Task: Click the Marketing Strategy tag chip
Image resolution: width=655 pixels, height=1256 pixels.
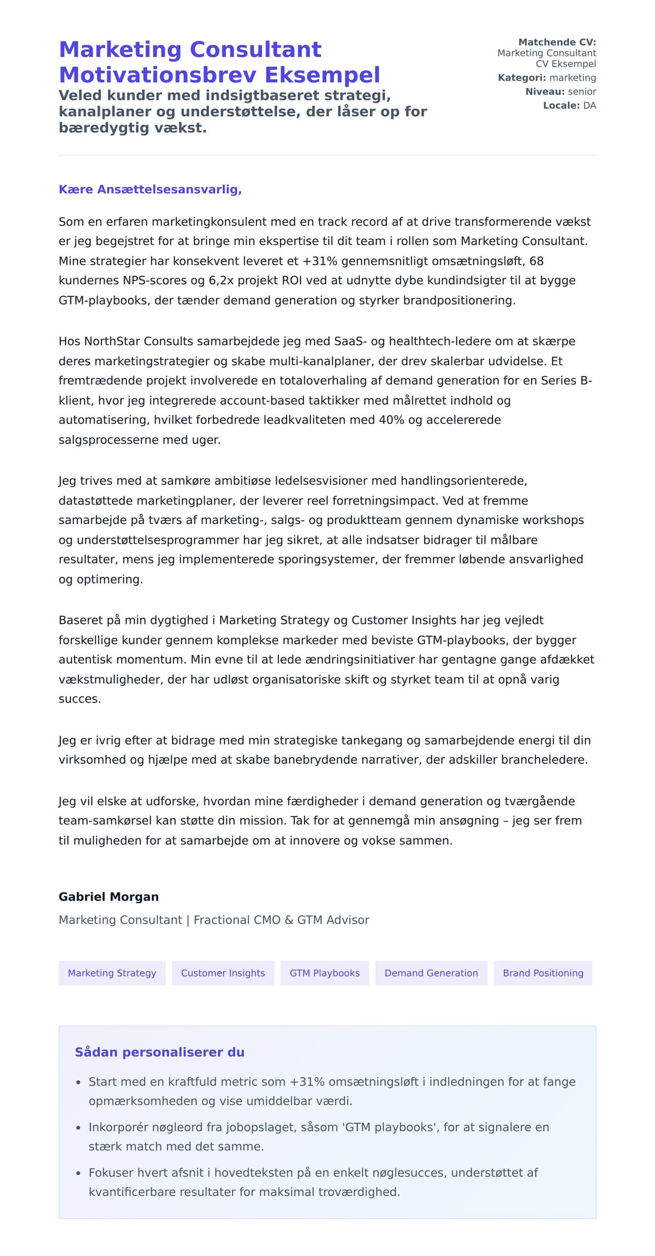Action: [x=112, y=973]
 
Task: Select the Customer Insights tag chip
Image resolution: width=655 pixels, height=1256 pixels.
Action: [x=223, y=973]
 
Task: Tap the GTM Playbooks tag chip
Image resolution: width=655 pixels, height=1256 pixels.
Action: [x=325, y=973]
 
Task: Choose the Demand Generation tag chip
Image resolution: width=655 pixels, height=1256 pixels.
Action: [x=431, y=973]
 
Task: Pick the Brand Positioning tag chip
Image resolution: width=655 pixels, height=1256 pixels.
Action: [x=543, y=973]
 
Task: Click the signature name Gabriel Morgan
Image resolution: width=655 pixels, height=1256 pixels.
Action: [x=109, y=897]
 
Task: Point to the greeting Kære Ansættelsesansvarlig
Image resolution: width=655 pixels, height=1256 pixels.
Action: [x=150, y=189]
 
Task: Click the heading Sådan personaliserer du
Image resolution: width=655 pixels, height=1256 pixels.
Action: [x=159, y=1052]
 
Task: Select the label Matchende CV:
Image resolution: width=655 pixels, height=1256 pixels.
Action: [x=557, y=42]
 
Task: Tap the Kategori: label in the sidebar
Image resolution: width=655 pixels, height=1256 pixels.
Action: [x=522, y=78]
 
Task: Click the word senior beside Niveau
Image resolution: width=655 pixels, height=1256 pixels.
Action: [x=582, y=92]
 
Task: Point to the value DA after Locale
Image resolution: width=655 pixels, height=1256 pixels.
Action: [x=589, y=105]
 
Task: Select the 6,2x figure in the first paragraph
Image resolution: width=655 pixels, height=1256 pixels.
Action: [x=222, y=281]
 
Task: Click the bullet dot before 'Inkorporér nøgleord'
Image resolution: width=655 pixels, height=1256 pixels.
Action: [x=78, y=1128]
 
